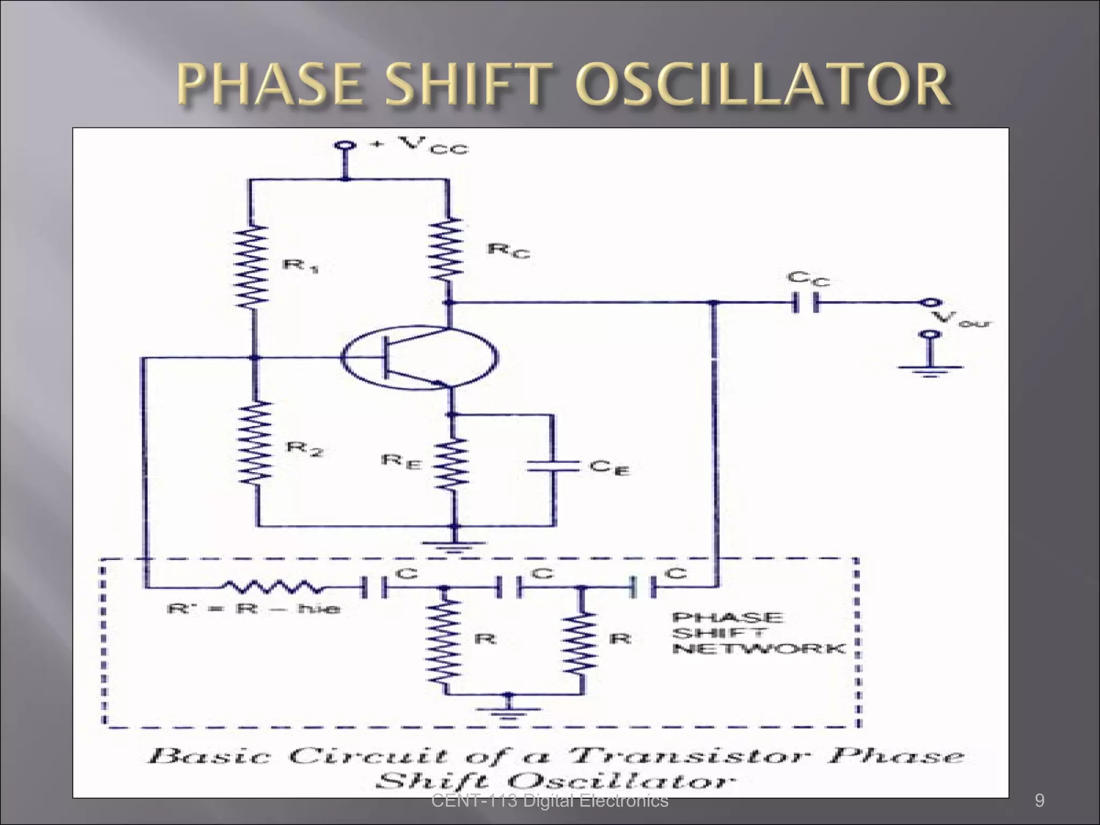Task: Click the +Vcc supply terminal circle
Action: coord(344,146)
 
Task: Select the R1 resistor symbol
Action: coord(251,266)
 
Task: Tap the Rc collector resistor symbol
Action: coord(445,250)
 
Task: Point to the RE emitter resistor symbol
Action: coord(452,463)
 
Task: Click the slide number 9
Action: coord(1039,801)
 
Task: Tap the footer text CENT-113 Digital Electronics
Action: coord(550,801)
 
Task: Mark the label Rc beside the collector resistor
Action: coord(507,250)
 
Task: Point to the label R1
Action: coord(300,266)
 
